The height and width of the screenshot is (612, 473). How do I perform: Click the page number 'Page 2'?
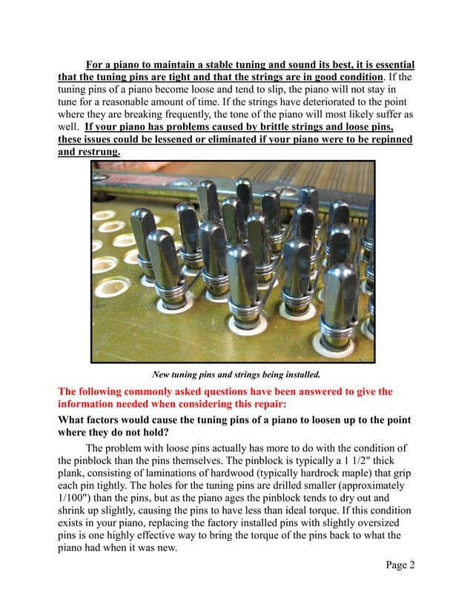point(400,565)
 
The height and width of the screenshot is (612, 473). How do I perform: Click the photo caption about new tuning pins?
point(236,373)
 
